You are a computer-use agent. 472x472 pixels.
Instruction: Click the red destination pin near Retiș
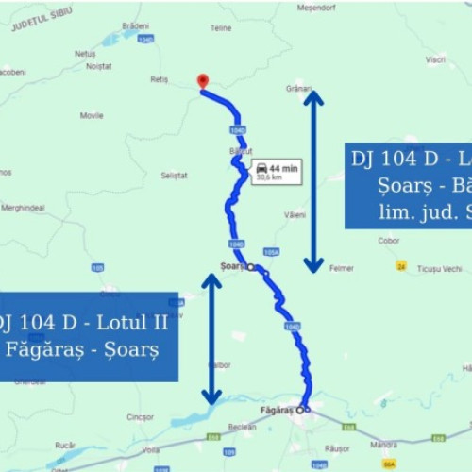click(202, 81)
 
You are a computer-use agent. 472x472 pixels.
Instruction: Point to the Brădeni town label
click(136, 25)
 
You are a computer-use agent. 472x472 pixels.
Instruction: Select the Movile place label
click(92, 116)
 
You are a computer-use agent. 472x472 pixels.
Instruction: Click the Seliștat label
click(175, 176)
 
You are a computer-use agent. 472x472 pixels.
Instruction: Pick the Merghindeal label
click(23, 208)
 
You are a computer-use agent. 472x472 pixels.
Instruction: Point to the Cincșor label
click(140, 416)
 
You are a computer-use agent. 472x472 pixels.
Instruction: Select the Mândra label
click(384, 444)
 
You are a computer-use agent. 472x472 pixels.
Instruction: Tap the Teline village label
click(221, 28)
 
